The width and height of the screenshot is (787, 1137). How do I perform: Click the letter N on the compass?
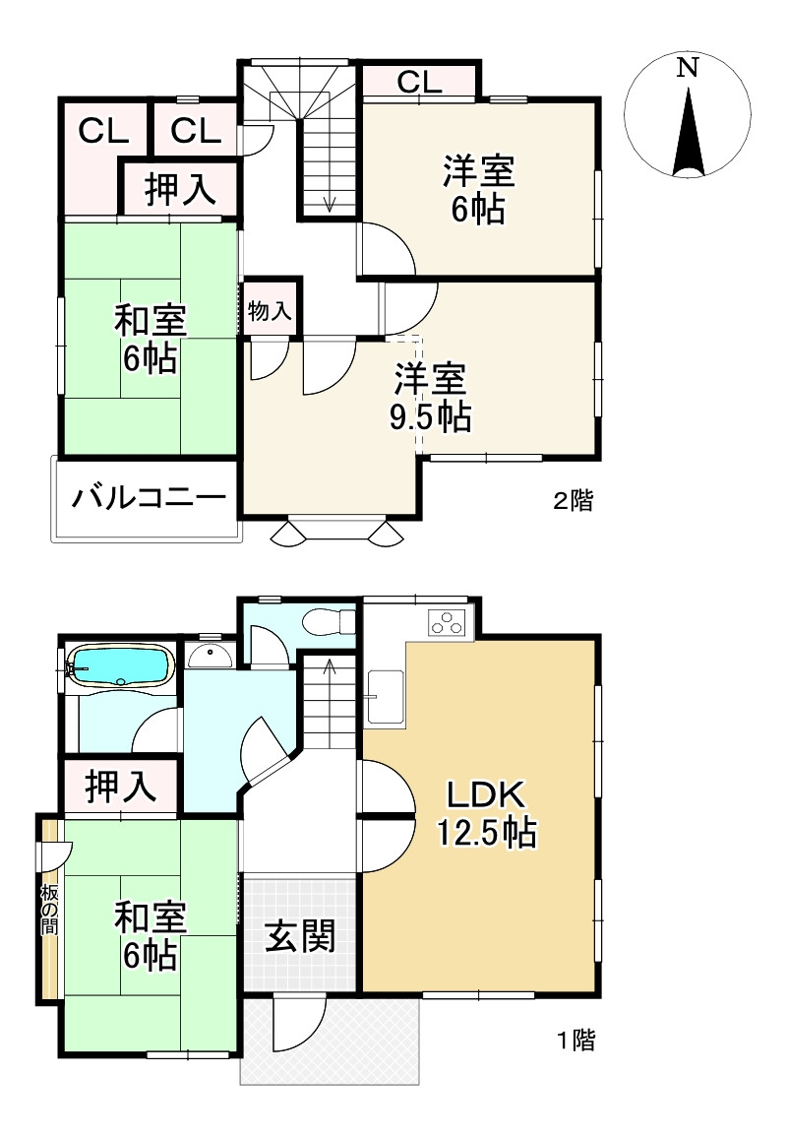pyautogui.click(x=688, y=68)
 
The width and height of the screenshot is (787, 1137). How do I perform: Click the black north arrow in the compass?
pyautogui.click(x=688, y=133)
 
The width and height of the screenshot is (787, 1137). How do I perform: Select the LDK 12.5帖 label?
pyautogui.click(x=486, y=814)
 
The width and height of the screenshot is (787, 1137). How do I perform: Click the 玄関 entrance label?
pyautogui.click(x=300, y=936)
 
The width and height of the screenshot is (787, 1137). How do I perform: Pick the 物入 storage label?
pyautogui.click(x=269, y=312)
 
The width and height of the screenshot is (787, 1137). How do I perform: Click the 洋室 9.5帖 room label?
pyautogui.click(x=430, y=398)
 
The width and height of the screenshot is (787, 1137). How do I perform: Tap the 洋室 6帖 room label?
pyautogui.click(x=477, y=190)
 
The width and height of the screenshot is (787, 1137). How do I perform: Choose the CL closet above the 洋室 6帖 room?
pyautogui.click(x=419, y=83)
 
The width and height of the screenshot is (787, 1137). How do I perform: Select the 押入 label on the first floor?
pyautogui.click(x=121, y=787)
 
